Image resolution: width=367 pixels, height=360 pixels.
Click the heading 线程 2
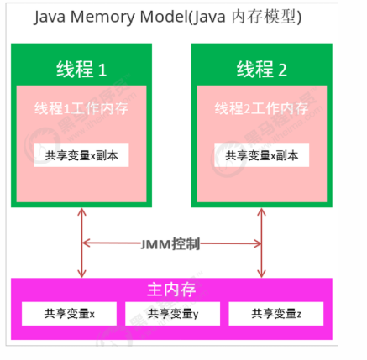[x=261, y=69]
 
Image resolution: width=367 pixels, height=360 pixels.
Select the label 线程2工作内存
[x=261, y=108]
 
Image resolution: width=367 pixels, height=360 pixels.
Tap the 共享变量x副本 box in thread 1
[x=81, y=155]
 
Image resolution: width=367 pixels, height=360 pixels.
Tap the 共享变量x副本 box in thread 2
[x=261, y=155]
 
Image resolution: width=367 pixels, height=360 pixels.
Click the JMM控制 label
[x=170, y=244]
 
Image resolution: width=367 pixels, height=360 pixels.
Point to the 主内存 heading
[x=170, y=290]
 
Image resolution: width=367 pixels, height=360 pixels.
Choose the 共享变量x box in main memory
[x=70, y=315]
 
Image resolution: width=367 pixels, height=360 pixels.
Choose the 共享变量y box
[x=172, y=315]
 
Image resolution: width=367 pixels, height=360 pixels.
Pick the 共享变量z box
[x=276, y=315]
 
